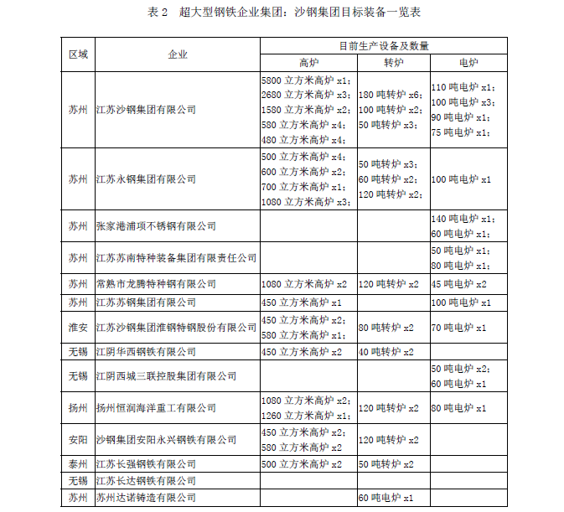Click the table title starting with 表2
(x=282, y=13)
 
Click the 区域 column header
(x=78, y=54)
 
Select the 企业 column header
(x=177, y=54)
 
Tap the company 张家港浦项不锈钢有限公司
(x=156, y=226)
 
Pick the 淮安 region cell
(x=78, y=327)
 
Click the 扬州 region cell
(x=78, y=408)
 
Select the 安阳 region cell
(x=78, y=439)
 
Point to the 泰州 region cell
(x=78, y=464)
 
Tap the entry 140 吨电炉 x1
(x=462, y=218)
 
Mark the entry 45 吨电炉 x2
(x=459, y=284)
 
